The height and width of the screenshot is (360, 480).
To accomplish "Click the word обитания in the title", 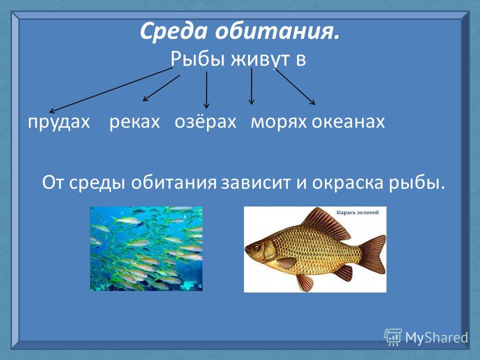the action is tap(277, 31).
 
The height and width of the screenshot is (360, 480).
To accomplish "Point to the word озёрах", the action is tap(205, 121).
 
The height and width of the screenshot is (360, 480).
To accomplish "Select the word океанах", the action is tap(348, 121).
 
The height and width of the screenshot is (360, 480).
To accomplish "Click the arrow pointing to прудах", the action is tap(111, 90).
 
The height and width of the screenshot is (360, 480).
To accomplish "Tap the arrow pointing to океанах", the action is tap(294, 86).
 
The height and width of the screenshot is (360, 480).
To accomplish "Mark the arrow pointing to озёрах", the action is tap(206, 90).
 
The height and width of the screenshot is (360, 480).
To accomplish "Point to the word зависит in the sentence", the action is tap(255, 183).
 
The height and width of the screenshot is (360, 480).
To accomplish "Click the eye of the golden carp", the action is tap(257, 246).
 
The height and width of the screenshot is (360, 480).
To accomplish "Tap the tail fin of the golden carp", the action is tap(372, 255).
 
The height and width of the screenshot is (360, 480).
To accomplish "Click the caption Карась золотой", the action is tap(357, 212).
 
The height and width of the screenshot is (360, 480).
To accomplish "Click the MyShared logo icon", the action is tap(393, 337).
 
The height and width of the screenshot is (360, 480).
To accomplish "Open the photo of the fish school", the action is tap(146, 248).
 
